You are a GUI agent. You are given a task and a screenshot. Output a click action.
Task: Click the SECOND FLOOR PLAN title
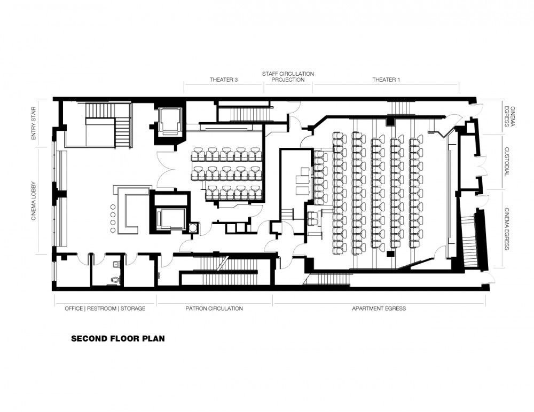point(118,338)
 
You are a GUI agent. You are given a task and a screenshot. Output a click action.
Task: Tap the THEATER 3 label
point(223,80)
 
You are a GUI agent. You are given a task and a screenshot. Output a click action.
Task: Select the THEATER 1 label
point(386,80)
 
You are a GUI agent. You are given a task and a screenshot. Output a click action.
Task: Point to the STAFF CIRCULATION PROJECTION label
point(288,77)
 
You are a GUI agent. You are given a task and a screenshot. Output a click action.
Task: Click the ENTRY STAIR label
point(33,123)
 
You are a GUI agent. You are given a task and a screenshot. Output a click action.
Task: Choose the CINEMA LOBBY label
point(34,200)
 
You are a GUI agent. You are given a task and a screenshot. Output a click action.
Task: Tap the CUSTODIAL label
point(506,161)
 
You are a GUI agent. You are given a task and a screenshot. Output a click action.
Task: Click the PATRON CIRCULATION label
point(214,308)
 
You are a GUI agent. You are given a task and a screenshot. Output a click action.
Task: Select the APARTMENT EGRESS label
point(379,308)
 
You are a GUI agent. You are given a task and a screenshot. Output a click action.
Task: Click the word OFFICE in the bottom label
point(74,308)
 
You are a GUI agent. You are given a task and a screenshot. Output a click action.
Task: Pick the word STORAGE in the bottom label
point(133,308)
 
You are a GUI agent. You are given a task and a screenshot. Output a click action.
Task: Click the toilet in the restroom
point(116,280)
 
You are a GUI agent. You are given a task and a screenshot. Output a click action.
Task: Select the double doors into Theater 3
point(166,170)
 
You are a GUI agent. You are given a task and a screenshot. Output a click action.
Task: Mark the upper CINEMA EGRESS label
point(509,116)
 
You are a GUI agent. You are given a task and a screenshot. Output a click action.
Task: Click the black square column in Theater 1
point(390,253)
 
